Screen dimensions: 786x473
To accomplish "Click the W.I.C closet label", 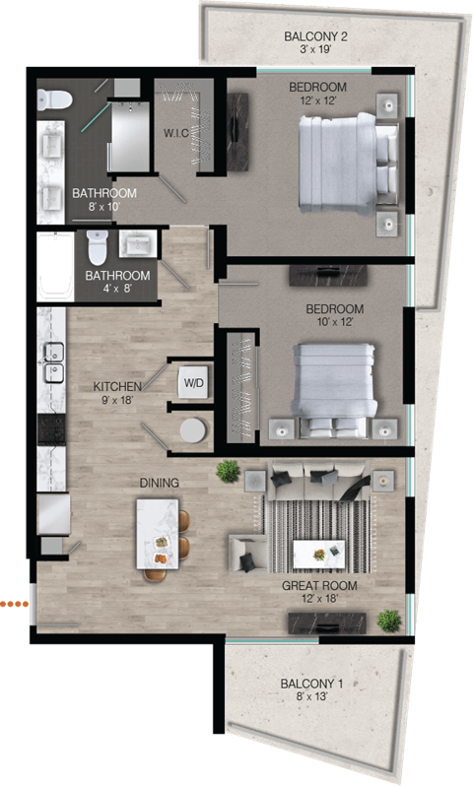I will [176, 133].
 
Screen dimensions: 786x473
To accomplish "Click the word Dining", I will [159, 483].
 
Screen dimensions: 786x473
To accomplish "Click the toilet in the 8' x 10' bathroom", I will [55, 100].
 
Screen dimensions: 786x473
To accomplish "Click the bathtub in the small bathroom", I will [54, 265].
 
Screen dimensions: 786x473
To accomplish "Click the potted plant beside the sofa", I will [229, 471].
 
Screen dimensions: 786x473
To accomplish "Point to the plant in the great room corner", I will [390, 621].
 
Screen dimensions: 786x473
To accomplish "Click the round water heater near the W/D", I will [193, 431].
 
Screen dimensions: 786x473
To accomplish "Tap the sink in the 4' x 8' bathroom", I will [135, 243].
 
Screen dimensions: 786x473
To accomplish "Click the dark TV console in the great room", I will [326, 622].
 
